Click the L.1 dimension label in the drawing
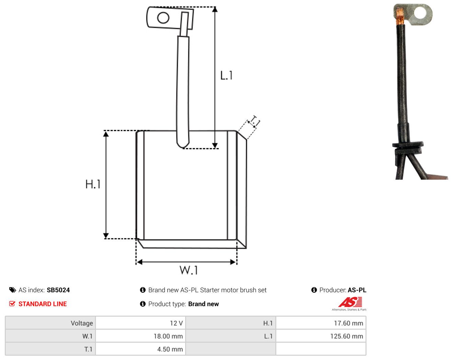(x=226, y=76)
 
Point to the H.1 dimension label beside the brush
(x=93, y=184)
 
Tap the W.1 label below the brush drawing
(x=189, y=270)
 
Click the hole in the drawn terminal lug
(x=163, y=18)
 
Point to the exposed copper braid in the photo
(x=400, y=16)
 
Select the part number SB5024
(x=58, y=290)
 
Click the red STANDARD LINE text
(x=43, y=304)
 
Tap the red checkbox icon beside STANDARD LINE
(x=12, y=304)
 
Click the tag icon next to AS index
(x=13, y=290)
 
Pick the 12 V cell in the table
(x=140, y=323)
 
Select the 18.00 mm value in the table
(x=140, y=336)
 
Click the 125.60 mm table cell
(x=321, y=336)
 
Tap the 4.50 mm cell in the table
(x=140, y=349)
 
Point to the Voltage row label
(x=82, y=323)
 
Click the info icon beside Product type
(x=143, y=304)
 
